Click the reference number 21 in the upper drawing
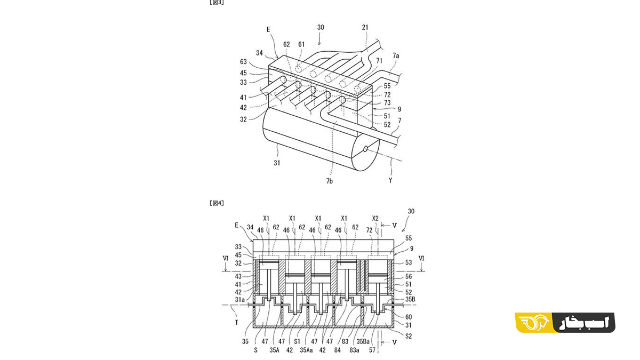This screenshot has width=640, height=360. (365, 27)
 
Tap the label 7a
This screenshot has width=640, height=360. (396, 55)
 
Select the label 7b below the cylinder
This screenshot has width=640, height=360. (330, 181)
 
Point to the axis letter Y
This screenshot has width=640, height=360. (390, 180)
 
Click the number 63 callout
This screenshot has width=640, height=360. (243, 62)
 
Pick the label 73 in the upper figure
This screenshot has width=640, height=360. (387, 102)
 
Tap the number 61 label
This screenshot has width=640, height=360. (301, 44)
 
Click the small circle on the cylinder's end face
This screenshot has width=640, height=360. (365, 149)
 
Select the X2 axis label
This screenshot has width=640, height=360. (375, 219)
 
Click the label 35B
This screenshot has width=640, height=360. (410, 299)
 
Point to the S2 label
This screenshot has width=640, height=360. (409, 336)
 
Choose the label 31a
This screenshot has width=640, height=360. (239, 300)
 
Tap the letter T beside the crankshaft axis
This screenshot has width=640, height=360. (237, 322)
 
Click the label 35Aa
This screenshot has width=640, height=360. (306, 350)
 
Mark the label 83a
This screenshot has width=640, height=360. (354, 350)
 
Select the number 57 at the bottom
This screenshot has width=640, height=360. (372, 350)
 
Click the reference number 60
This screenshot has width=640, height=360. (409, 317)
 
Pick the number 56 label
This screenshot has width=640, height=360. (409, 276)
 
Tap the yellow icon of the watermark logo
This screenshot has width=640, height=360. (534, 323)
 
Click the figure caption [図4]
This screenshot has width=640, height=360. (217, 203)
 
